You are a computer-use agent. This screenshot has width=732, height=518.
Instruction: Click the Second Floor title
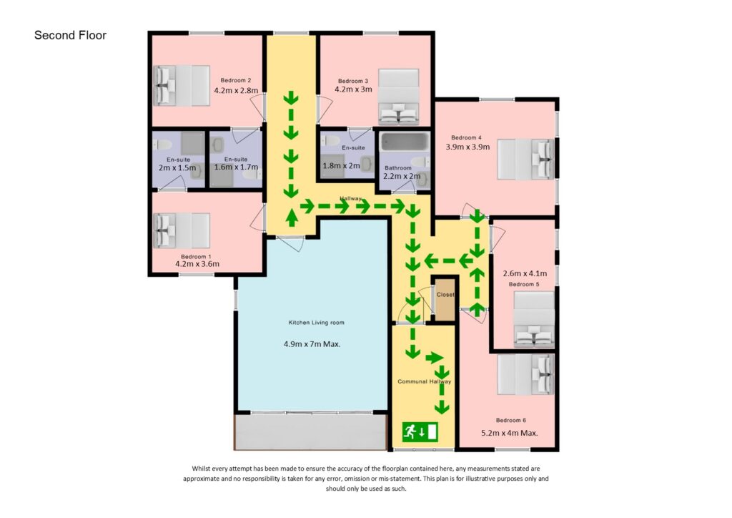[70, 36]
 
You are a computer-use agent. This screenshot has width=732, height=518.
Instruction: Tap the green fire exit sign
[420, 431]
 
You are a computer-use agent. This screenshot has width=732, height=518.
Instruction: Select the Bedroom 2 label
[236, 80]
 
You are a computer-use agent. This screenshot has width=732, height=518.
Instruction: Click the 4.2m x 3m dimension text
[353, 89]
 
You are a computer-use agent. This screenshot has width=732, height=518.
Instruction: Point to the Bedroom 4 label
[466, 137]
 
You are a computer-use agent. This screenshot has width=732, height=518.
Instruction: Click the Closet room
[445, 299]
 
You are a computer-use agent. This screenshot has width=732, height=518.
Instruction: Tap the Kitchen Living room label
[316, 322]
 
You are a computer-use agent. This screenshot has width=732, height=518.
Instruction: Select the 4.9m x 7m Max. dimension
[312, 344]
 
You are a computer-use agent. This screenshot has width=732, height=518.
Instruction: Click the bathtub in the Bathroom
[405, 142]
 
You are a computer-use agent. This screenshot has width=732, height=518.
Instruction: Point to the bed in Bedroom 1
[182, 231]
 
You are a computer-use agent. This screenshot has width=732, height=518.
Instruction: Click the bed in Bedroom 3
[398, 97]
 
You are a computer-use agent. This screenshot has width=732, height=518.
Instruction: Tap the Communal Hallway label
[425, 381]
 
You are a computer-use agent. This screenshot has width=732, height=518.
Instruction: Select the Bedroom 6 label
[510, 420]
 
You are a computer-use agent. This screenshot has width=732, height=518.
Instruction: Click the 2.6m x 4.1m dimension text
[525, 273]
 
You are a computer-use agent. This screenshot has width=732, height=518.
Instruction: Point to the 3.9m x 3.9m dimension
[468, 147]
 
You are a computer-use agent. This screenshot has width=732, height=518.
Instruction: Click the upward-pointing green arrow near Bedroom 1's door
[292, 218]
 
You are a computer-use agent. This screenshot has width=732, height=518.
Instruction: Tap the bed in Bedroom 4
[525, 160]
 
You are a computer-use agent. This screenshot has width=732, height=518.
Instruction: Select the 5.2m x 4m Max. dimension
[509, 433]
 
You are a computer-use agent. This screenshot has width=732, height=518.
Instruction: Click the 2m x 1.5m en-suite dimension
[177, 167]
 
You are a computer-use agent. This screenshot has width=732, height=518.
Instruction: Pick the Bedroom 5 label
[524, 284]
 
